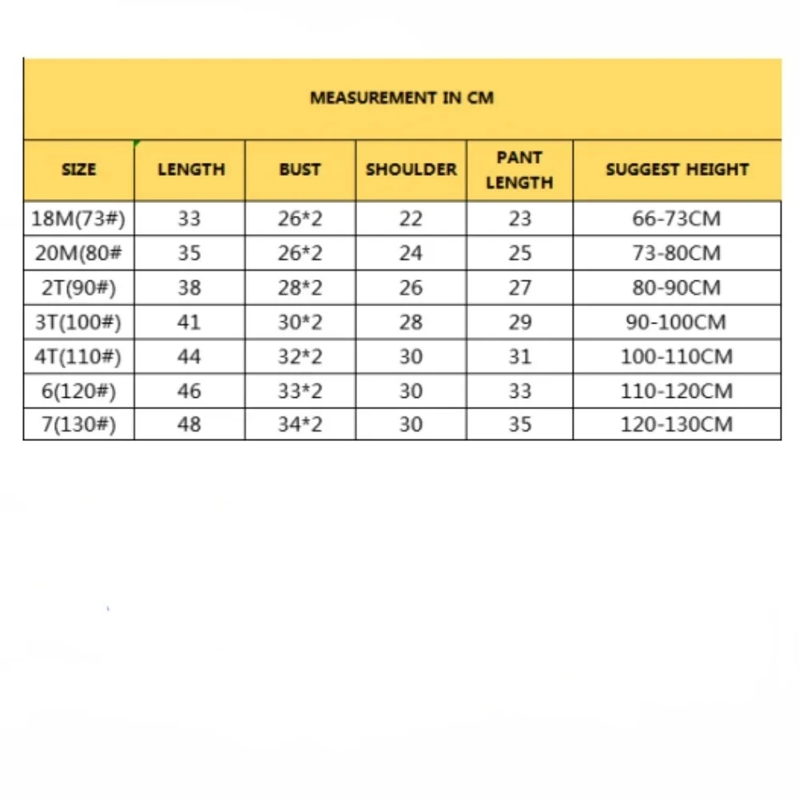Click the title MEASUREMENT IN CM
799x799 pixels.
[402, 98]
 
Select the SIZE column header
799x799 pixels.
[78, 169]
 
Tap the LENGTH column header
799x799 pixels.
[191, 169]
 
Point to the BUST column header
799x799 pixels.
[300, 169]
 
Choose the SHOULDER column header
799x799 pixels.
[411, 169]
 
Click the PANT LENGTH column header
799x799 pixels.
[519, 169]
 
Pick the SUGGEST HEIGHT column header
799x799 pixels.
[677, 169]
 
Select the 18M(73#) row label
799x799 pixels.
[78, 219]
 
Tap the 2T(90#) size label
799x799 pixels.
[78, 288]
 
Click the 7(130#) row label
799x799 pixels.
[78, 424]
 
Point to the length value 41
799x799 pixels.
[189, 322]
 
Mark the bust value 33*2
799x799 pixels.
[300, 391]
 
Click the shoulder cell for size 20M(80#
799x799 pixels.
[411, 253]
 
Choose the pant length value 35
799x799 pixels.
[519, 424]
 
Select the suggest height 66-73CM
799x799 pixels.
[677, 219]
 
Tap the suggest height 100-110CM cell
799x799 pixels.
[677, 356]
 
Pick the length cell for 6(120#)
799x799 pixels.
[189, 391]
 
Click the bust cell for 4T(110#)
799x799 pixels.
[300, 356]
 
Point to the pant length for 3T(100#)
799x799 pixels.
[519, 322]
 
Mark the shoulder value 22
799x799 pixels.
[411, 219]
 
